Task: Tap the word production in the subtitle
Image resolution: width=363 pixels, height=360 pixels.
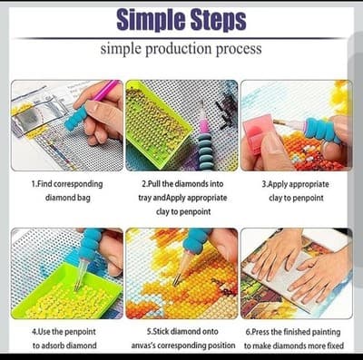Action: click(x=179, y=49)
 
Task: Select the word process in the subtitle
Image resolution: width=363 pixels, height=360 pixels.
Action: click(x=239, y=49)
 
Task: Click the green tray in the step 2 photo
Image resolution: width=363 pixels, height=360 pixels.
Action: click(x=157, y=124)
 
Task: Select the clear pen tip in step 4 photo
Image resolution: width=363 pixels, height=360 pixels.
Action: click(x=81, y=274)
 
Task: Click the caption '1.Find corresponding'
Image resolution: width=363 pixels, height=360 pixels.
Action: click(x=67, y=184)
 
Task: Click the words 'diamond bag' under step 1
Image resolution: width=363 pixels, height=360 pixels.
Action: click(x=67, y=198)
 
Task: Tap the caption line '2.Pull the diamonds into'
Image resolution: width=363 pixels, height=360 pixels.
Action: click(x=182, y=184)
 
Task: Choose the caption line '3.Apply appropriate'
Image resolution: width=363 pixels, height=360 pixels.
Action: click(x=296, y=184)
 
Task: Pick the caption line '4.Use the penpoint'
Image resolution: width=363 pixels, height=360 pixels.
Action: click(x=64, y=332)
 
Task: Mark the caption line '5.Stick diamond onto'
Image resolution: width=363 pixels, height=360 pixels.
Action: click(x=182, y=332)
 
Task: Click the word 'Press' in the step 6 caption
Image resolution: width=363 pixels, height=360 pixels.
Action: click(x=260, y=332)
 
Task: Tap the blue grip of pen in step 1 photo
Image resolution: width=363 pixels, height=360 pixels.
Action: click(x=75, y=118)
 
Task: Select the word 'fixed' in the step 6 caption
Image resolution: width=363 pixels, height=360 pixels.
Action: click(x=334, y=345)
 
